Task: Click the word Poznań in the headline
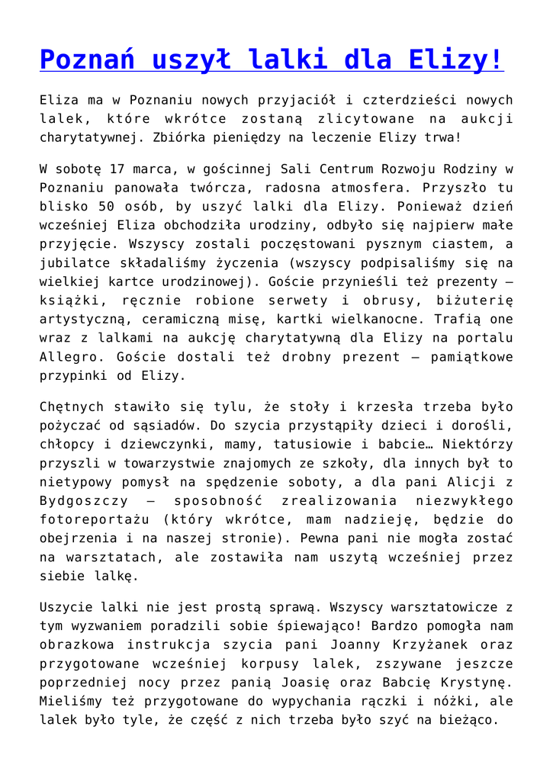click(88, 59)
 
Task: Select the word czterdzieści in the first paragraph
click(397, 100)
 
